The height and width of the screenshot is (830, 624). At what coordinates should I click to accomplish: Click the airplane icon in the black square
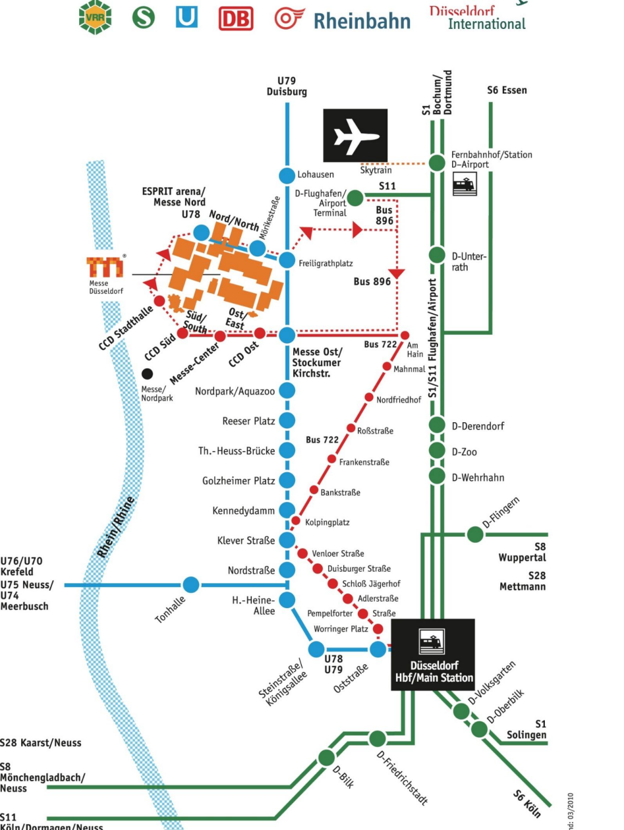pyautogui.click(x=355, y=136)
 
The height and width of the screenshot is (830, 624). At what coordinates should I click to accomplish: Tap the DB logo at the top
pyautogui.click(x=236, y=20)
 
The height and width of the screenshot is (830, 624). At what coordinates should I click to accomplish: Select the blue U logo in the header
pyautogui.click(x=186, y=18)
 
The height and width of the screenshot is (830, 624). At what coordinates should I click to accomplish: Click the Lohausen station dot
pyautogui.click(x=287, y=176)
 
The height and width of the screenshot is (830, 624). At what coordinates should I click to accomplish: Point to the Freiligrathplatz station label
pyautogui.click(x=326, y=263)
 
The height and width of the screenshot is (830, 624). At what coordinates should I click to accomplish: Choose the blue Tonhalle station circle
pyautogui.click(x=191, y=584)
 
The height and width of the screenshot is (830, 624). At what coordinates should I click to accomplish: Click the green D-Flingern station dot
pyautogui.click(x=475, y=534)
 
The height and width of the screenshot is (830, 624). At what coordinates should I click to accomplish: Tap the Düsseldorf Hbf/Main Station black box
pyautogui.click(x=433, y=654)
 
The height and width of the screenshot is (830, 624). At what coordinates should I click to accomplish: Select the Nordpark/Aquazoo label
pyautogui.click(x=235, y=391)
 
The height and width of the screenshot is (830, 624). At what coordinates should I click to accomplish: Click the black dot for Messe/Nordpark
pyautogui.click(x=147, y=373)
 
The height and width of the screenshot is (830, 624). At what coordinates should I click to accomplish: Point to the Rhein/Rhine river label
pyautogui.click(x=117, y=528)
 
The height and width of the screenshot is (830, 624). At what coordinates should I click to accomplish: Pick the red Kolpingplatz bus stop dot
pyautogui.click(x=296, y=520)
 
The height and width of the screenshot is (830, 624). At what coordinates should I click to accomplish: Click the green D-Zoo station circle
pyautogui.click(x=437, y=451)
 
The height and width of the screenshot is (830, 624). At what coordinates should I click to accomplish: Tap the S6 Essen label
pyautogui.click(x=507, y=90)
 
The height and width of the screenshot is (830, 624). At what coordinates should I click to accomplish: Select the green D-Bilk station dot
pyautogui.click(x=327, y=758)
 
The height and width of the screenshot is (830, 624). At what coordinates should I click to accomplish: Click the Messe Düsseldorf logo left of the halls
pyautogui.click(x=105, y=268)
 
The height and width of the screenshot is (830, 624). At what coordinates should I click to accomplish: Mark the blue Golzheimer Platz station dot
pyautogui.click(x=287, y=480)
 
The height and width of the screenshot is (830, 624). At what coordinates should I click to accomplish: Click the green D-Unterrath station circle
pyautogui.click(x=437, y=255)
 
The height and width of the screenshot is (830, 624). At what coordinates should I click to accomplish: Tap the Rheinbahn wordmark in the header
pyautogui.click(x=361, y=21)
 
